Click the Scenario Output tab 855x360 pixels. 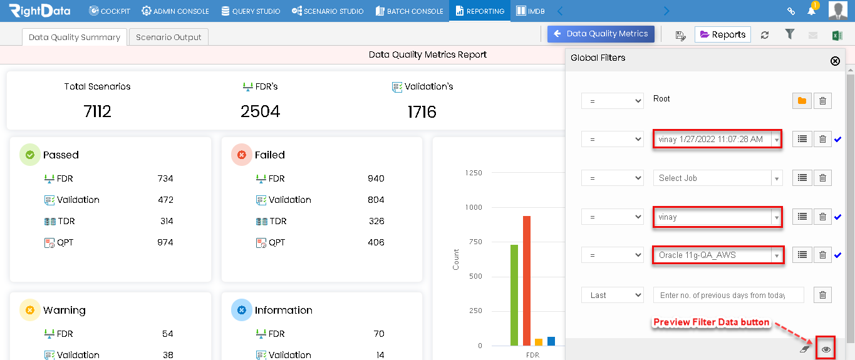[x=168, y=37]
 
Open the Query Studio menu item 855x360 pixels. [x=251, y=11]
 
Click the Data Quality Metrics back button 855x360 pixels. [x=601, y=34]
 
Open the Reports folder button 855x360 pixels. [x=723, y=34]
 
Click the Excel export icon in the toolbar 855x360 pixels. [x=837, y=36]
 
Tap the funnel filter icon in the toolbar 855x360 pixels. [x=790, y=34]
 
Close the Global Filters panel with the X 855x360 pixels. [x=835, y=61]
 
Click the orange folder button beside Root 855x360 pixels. [x=802, y=101]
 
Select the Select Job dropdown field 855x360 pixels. [x=718, y=178]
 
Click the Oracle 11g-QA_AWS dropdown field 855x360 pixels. [x=718, y=255]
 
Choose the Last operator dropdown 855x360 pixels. [x=612, y=295]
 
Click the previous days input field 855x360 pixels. [x=728, y=295]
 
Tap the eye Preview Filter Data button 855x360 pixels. [x=826, y=349]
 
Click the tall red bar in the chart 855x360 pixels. [x=527, y=280]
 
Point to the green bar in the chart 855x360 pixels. [x=514, y=295]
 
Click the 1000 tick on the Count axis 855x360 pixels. [x=474, y=207]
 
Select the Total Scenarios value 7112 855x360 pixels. [x=97, y=111]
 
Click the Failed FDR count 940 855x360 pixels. [x=376, y=178]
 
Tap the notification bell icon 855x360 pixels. [x=811, y=11]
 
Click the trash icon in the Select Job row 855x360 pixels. [x=822, y=178]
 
